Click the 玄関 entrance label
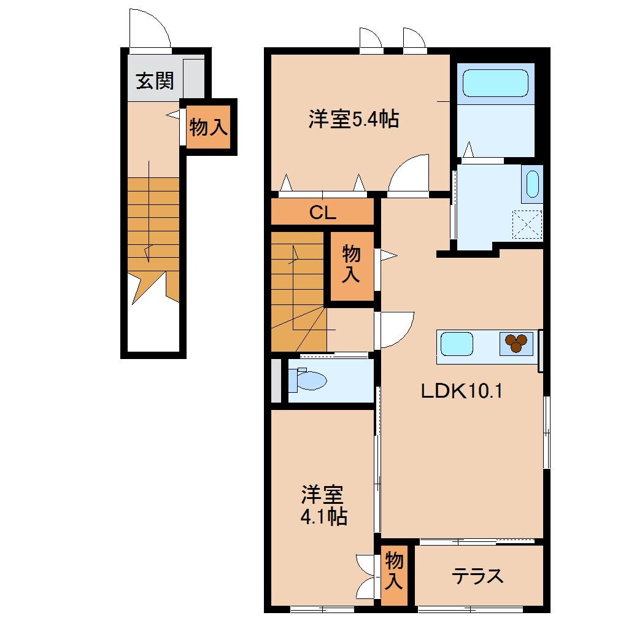click(154, 80)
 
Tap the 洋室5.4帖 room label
click(354, 118)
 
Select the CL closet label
click(322, 213)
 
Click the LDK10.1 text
click(462, 391)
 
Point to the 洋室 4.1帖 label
click(323, 506)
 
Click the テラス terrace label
click(478, 576)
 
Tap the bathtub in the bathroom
click(495, 83)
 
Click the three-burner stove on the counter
click(516, 343)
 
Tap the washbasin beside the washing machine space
click(532, 183)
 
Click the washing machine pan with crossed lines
click(527, 224)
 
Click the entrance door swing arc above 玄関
click(150, 28)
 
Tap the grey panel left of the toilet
click(276, 381)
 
